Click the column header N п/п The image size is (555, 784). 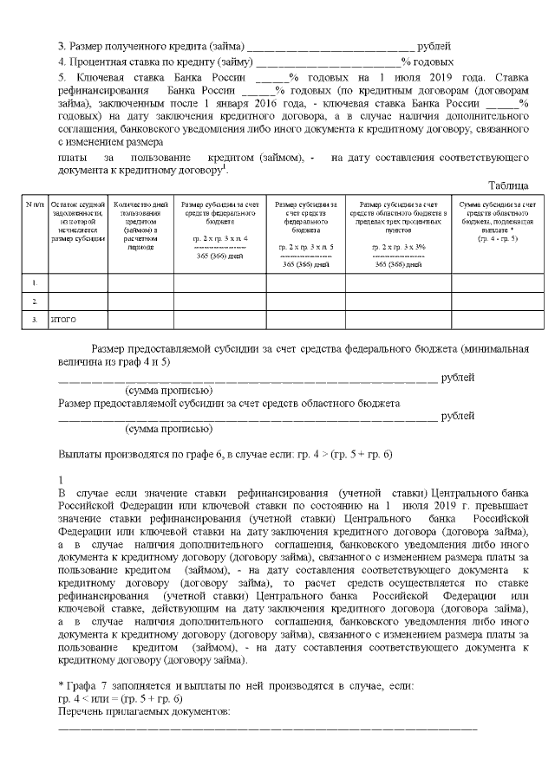click(35, 204)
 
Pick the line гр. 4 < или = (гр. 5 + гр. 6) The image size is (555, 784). click(121, 698)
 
